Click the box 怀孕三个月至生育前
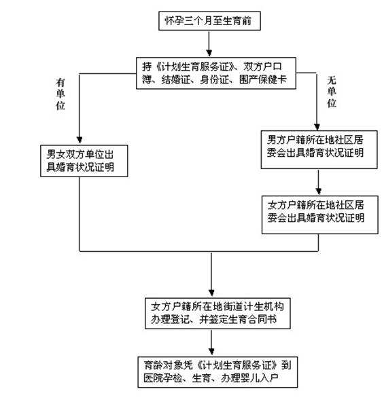tap(209, 21)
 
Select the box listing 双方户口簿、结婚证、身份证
tap(216, 73)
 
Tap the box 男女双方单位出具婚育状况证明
tap(84, 161)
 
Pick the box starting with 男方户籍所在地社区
tap(319, 149)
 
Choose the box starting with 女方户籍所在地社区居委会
tap(320, 215)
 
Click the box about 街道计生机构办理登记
tap(217, 313)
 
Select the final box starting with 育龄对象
tap(217, 372)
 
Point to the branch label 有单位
tap(60, 94)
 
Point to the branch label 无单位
tap(332, 92)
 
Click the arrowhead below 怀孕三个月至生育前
tap(209, 53)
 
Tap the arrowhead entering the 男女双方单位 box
tap(80, 140)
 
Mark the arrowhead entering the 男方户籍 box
tap(317, 127)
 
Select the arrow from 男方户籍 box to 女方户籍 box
tap(318, 182)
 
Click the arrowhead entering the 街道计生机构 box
tap(211, 293)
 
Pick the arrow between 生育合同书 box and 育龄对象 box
tap(211, 342)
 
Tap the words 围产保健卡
tap(263, 79)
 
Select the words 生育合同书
tap(252, 320)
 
